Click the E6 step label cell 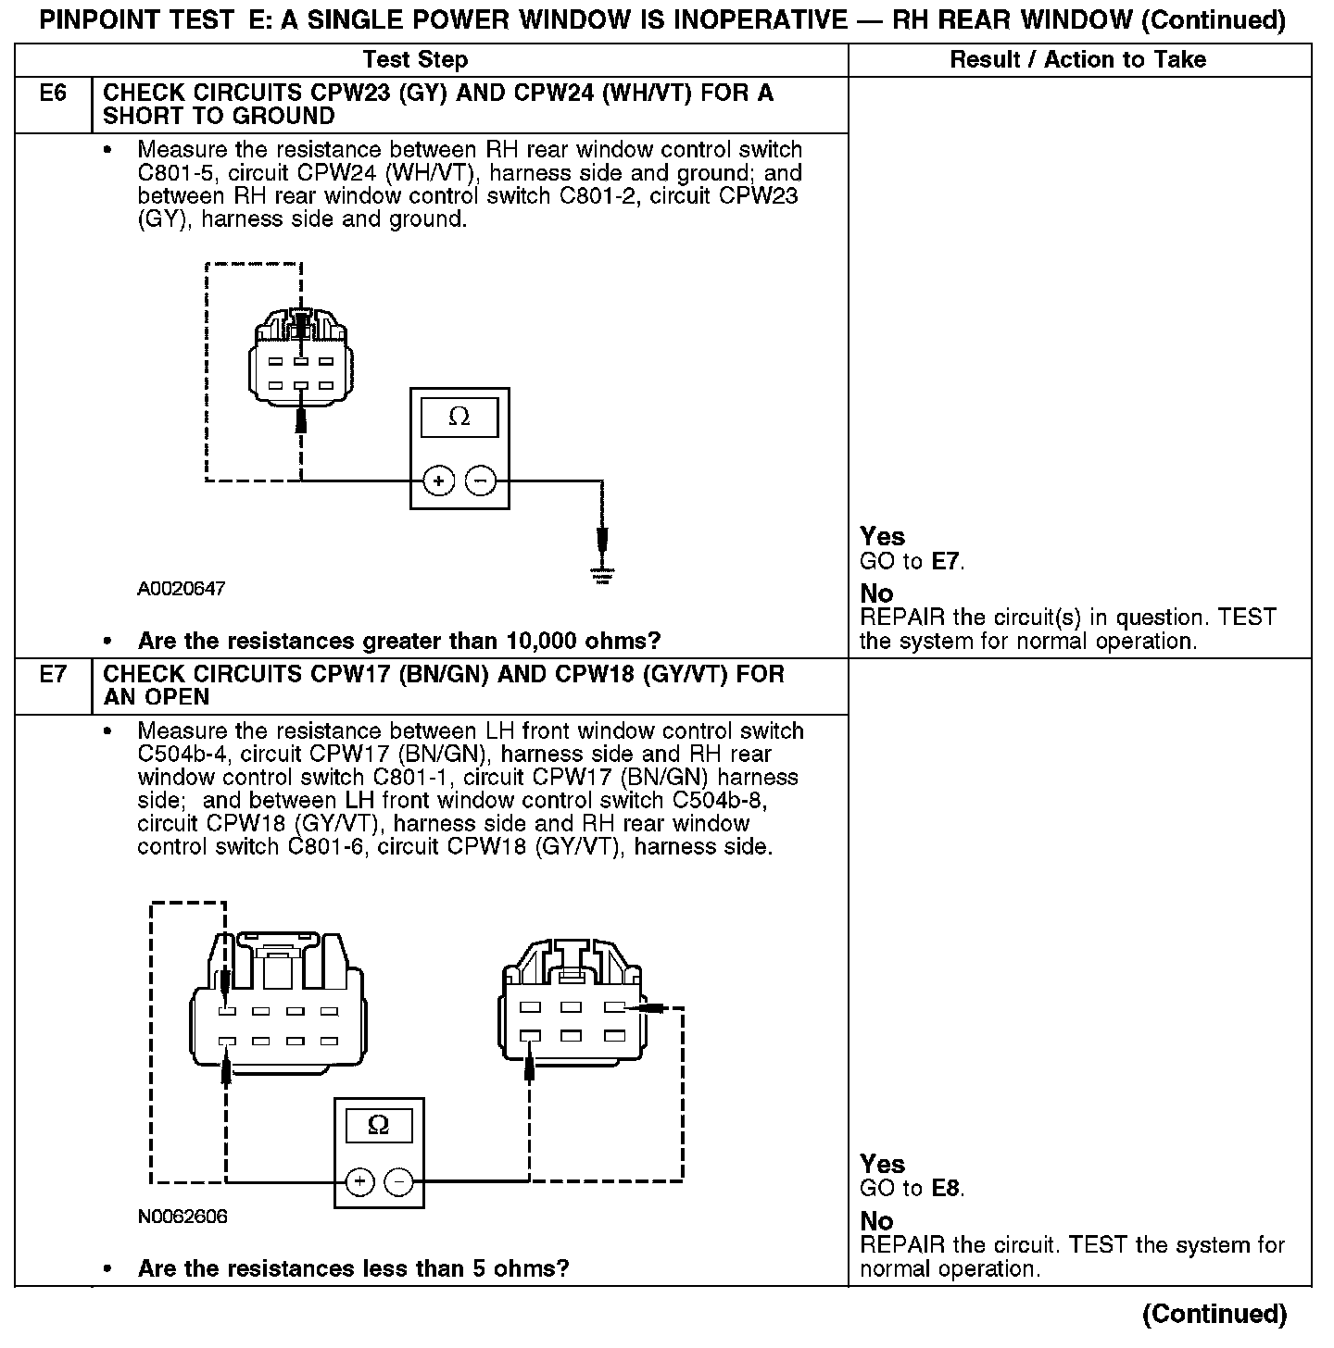53,94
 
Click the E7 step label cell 53,675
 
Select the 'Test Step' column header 415,60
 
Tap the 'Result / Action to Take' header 1077,60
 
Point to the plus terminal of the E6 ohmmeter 438,481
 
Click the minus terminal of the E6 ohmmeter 480,481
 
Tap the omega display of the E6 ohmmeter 459,418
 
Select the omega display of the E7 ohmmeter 379,1125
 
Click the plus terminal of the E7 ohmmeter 359,1181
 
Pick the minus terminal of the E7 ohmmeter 398,1181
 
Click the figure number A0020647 181,589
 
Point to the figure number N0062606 182,1217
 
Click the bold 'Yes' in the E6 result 882,536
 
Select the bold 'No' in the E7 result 876,1221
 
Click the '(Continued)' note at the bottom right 1214,1314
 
